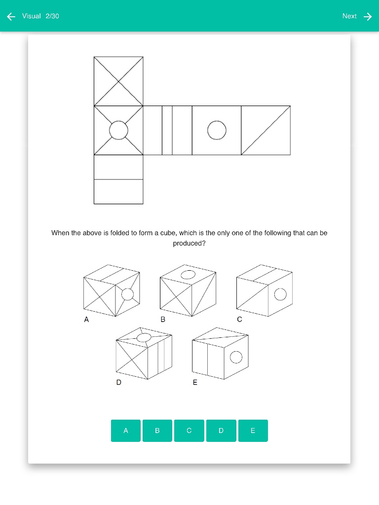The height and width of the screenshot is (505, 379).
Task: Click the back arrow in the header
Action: point(11,16)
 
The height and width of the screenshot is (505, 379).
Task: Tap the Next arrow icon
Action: point(368,16)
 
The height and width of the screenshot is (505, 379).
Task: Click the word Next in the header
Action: point(349,16)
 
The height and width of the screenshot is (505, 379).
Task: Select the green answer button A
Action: point(126,431)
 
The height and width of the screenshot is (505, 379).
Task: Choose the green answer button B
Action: point(157,431)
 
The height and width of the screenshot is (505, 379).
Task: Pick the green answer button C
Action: point(189,431)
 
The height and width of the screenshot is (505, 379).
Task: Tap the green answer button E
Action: point(253,431)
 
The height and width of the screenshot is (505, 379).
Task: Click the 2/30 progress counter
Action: point(52,16)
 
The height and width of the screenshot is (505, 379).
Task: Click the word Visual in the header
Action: point(31,16)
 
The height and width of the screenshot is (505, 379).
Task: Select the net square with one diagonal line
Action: point(266,130)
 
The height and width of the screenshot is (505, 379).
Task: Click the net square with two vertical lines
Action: point(168,130)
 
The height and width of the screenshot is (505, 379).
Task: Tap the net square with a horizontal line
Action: point(118,180)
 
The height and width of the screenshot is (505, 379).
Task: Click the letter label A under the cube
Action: point(86,320)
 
